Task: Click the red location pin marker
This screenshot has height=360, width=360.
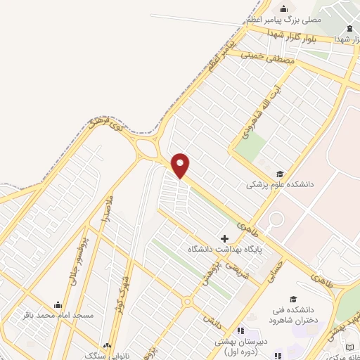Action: [x=181, y=165]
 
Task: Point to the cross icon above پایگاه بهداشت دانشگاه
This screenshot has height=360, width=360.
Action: [x=225, y=239]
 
